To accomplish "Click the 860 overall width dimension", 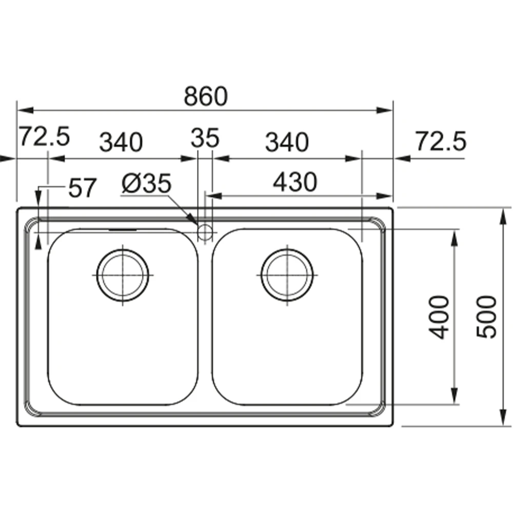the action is (206, 96).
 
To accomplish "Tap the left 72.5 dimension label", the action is (45, 136).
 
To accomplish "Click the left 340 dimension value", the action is (121, 142).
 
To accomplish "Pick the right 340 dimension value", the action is (287, 142).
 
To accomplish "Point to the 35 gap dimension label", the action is (205, 137).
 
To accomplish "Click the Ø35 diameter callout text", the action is (146, 183).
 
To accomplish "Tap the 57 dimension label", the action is (83, 188).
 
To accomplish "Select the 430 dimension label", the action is (295, 182).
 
